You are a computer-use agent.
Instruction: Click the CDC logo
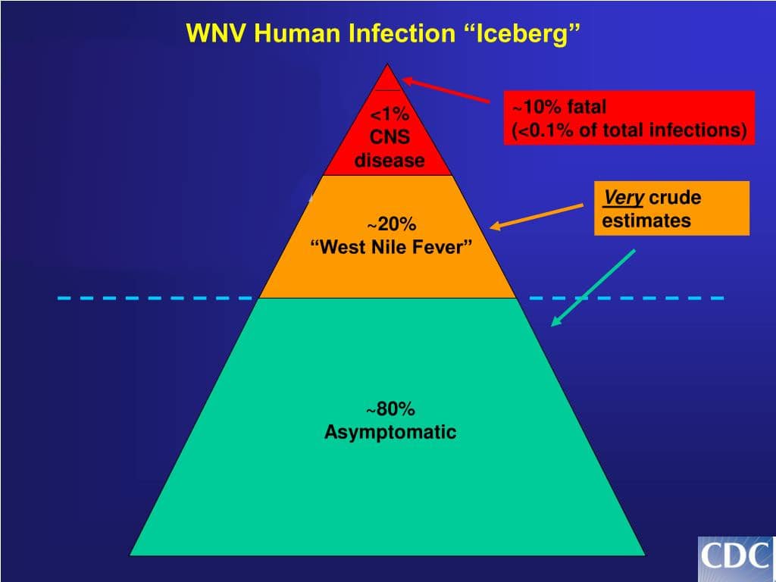click(x=735, y=558)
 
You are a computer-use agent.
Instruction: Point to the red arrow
click(x=446, y=90)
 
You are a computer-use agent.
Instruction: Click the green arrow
click(x=593, y=288)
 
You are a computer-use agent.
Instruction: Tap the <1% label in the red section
click(x=390, y=115)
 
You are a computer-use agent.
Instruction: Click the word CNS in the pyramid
click(x=390, y=138)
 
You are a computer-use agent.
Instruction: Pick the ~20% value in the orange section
click(x=392, y=224)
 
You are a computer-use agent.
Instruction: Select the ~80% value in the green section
click(x=391, y=410)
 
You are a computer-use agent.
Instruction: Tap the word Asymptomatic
click(x=390, y=433)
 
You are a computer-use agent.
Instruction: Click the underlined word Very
click(x=623, y=199)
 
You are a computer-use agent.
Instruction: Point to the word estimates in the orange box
click(x=646, y=221)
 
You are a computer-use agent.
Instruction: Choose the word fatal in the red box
click(x=587, y=107)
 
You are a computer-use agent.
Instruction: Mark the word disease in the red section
click(x=390, y=161)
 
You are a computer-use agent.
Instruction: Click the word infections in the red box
click(x=701, y=130)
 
